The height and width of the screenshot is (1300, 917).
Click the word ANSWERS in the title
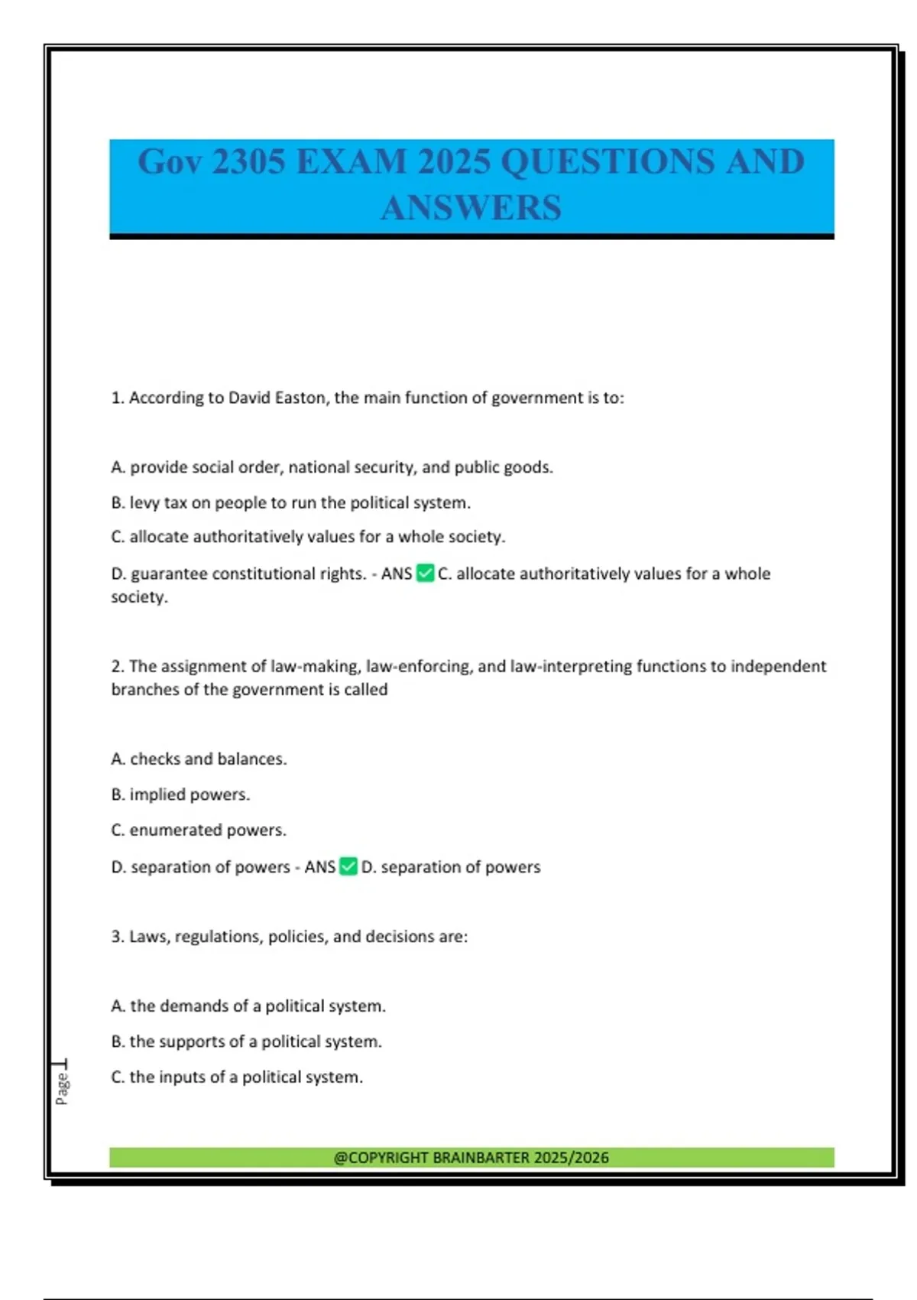(x=471, y=208)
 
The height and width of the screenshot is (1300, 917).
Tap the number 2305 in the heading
(x=248, y=161)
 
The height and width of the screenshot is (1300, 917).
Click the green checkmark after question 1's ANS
(x=425, y=573)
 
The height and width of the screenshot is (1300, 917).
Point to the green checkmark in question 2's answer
(x=348, y=866)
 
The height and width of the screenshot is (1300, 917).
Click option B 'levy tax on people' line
(x=290, y=502)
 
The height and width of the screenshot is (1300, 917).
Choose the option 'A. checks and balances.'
(x=199, y=759)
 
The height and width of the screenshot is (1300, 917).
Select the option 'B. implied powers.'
(x=180, y=795)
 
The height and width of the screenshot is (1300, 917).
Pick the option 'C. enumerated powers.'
(x=199, y=830)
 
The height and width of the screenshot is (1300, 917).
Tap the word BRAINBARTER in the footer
(x=481, y=1157)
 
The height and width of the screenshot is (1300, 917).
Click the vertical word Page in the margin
(x=62, y=1088)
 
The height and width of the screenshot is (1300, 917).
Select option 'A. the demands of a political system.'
(x=248, y=1006)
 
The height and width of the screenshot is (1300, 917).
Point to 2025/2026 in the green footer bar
(x=571, y=1157)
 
